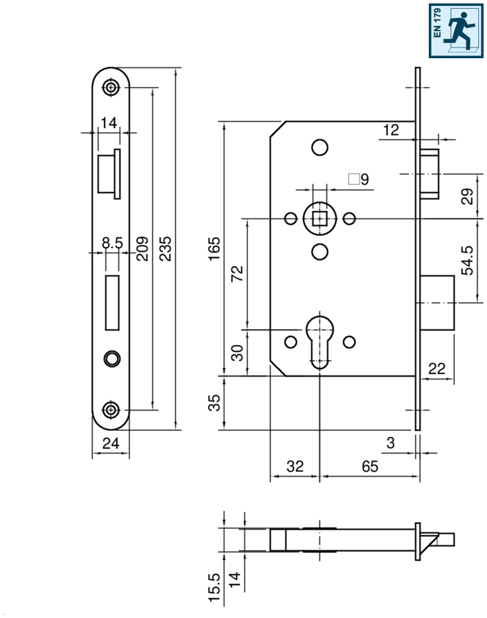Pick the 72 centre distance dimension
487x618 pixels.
tap(238, 275)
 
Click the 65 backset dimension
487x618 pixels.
tap(369, 467)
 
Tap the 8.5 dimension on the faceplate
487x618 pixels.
tap(112, 243)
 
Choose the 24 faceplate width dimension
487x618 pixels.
tap(110, 444)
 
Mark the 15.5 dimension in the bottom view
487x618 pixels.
tap(214, 588)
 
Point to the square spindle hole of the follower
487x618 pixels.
tap(319, 219)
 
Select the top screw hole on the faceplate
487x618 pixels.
tap(111, 88)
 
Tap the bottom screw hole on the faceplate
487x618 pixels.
tap(111, 410)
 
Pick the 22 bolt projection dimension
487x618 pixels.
tap(436, 369)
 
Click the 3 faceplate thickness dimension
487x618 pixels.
tap(390, 443)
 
